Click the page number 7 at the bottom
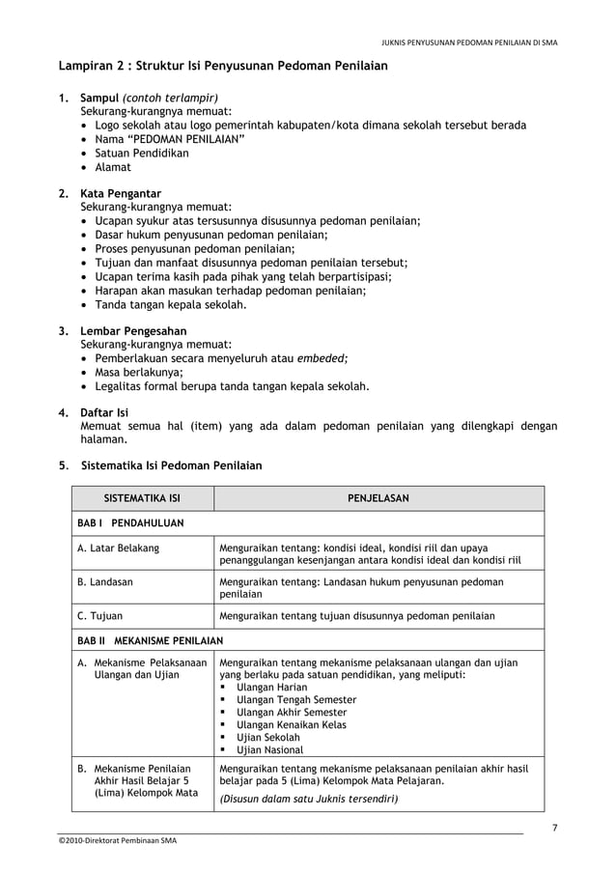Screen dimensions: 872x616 coord(553,828)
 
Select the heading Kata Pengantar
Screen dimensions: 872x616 coord(121,193)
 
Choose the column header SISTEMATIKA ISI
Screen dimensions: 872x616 coord(142,498)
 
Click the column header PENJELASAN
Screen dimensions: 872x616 coord(378,498)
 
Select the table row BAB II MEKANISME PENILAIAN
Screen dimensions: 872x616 coord(150,640)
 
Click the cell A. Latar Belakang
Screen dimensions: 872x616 coord(118,549)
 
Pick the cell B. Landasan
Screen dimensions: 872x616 coord(105,582)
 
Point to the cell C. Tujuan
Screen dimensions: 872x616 coord(99,615)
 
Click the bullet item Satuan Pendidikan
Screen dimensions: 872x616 coord(141,153)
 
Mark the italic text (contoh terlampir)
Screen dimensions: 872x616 coord(170,98)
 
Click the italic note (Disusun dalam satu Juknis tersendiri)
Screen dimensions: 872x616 coord(309,799)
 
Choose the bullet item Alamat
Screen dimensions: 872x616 coord(112,167)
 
